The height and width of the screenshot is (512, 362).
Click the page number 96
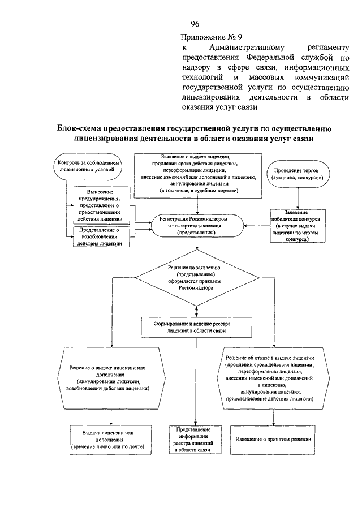195,24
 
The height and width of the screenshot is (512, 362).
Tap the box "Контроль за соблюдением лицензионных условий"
88,166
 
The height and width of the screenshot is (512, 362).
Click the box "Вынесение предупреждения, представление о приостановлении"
101,205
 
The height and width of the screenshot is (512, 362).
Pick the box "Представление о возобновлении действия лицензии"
101,236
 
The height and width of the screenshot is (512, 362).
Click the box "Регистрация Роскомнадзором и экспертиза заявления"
196,226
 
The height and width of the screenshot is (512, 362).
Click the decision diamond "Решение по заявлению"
197,278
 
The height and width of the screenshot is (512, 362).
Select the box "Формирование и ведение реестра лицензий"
196,327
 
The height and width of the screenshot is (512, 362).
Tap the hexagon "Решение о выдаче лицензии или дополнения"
111,378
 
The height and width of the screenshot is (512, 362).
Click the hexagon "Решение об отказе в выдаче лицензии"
273,378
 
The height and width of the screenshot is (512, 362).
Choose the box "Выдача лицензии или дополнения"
111,440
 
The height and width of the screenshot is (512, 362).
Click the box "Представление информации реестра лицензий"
195,440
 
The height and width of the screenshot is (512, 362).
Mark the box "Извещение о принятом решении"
273,440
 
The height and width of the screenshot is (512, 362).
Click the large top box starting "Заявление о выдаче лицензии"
198,176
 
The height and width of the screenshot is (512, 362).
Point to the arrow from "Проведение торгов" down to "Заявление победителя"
297,199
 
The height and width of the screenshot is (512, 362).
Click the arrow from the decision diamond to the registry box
196,312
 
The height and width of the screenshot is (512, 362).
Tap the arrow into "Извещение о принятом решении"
274,418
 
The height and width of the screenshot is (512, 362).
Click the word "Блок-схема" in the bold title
77,128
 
